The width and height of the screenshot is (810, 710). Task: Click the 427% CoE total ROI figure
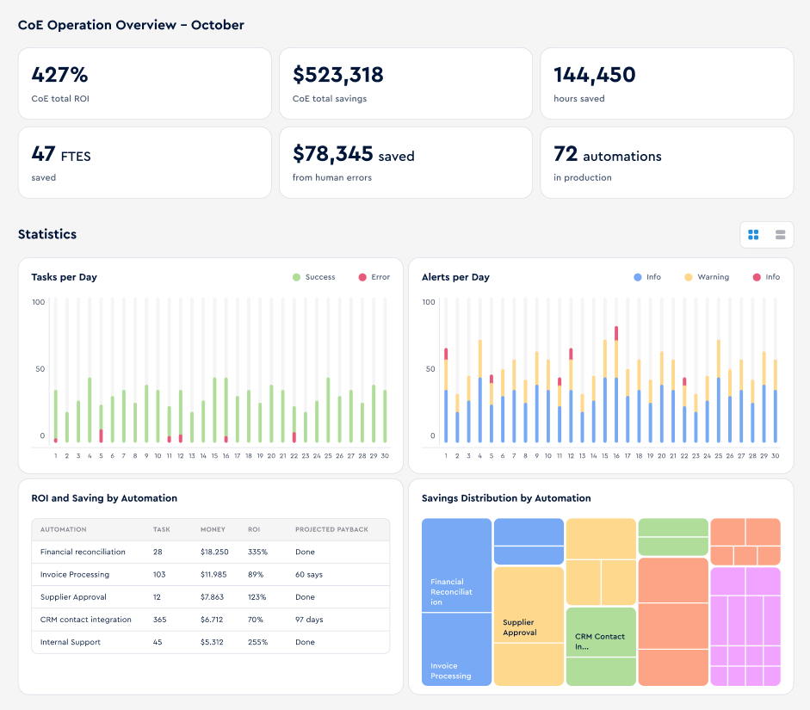(59, 75)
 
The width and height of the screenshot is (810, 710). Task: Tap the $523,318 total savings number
(337, 75)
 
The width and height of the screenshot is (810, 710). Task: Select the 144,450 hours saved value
(595, 75)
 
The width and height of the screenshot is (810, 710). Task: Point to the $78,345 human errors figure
(332, 154)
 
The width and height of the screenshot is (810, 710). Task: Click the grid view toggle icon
(753, 235)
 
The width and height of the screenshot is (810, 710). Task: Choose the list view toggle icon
(780, 235)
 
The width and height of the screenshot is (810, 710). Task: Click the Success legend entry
(313, 277)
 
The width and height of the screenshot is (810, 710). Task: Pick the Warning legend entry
(707, 277)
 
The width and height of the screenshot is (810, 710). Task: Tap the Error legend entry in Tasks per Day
(374, 277)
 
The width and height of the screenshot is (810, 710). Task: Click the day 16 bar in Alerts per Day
(616, 384)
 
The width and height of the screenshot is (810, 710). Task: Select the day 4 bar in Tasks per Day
(90, 410)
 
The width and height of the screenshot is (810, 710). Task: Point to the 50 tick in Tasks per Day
(40, 368)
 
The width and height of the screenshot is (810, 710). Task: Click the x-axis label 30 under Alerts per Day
(775, 456)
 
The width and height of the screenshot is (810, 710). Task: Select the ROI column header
(254, 529)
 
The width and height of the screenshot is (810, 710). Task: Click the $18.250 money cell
(214, 552)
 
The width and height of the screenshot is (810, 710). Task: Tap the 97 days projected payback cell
(309, 620)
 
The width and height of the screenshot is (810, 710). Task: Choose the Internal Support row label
(71, 642)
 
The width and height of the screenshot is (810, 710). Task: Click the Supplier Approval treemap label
(520, 627)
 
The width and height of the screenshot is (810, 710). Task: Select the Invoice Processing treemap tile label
(450, 670)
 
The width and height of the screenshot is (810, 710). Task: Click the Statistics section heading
(47, 234)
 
